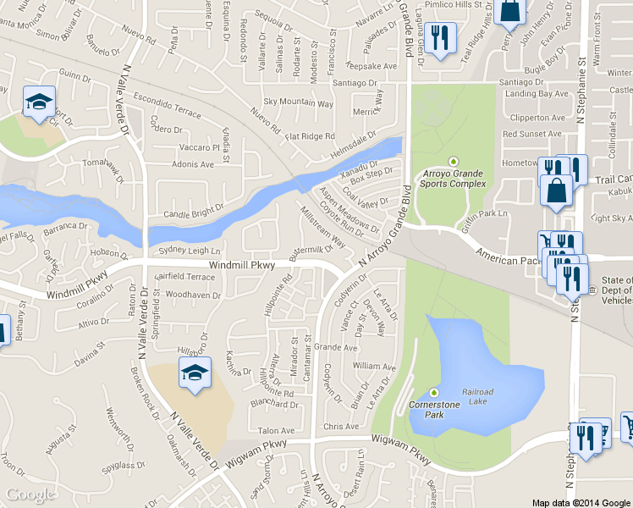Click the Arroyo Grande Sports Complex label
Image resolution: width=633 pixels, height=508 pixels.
455,178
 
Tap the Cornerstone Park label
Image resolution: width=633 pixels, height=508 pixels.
434,410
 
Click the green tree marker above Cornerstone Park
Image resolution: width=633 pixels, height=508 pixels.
435,393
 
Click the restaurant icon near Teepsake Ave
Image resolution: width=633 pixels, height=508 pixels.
440,38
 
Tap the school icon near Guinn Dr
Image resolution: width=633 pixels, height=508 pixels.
38,103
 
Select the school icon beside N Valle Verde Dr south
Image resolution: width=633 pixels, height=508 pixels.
194,373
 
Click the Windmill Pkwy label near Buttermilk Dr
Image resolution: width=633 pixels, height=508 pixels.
243,266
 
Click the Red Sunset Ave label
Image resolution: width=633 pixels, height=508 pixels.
531,134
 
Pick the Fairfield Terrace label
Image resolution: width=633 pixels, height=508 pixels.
187,277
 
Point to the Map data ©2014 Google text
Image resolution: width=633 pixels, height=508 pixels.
581,502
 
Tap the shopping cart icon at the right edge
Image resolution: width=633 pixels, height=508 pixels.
627,426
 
